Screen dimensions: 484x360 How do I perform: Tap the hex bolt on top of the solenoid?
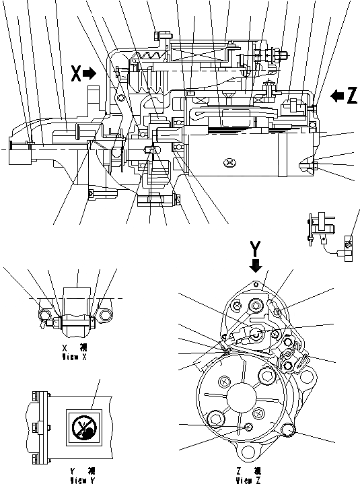pos(159,34)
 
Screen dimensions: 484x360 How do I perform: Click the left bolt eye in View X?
pos(46,314)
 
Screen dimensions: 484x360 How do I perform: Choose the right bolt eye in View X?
pos(103,314)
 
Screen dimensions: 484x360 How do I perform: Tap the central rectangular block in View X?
pos(75,300)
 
